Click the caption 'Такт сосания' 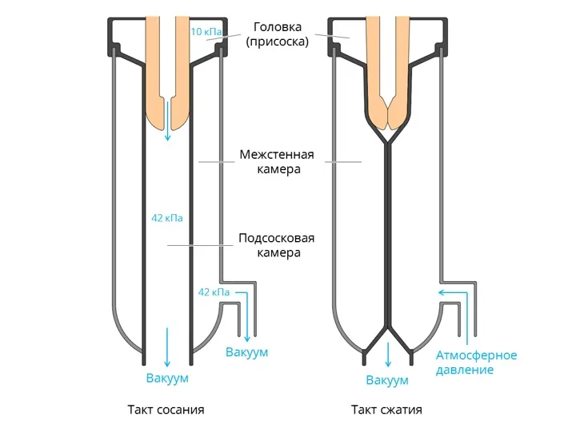pos(166,410)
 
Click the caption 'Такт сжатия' pos(386,410)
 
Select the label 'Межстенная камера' pos(277,162)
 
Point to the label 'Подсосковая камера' pos(277,245)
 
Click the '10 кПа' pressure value pos(206,32)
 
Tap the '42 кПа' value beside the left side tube pos(214,292)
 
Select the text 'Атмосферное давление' pos(476,363)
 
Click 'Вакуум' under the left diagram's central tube pos(167,378)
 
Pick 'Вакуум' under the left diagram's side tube pos(246,352)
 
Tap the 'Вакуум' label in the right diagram pos(387,380)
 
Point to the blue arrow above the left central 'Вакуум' pos(167,343)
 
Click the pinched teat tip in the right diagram pos(387,116)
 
